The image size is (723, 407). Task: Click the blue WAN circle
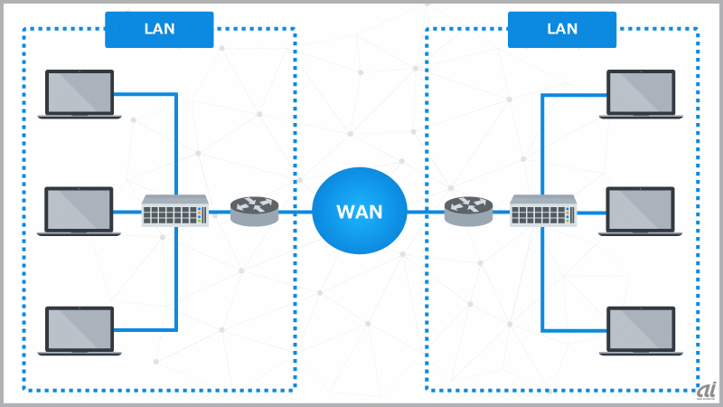coord(360,212)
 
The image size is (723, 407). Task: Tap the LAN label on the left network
coord(159,29)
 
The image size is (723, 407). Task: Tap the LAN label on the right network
coord(562,29)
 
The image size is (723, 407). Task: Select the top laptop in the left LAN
coord(80,94)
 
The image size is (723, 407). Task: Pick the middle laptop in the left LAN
coord(80,212)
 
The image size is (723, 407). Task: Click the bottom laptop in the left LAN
coord(80,330)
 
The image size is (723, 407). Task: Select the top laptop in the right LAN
coord(641,94)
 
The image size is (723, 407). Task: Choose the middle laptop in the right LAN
coord(641,212)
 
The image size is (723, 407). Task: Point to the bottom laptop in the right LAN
coord(641,330)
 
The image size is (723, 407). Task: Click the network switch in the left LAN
coord(175,212)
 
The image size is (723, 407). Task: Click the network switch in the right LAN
coord(542,212)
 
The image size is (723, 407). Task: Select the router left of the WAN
coord(255,211)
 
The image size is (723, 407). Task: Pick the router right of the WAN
coord(468,211)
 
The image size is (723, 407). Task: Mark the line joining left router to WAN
coord(296,212)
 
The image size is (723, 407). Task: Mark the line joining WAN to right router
coord(425,212)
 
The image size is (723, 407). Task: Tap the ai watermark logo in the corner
coord(706,390)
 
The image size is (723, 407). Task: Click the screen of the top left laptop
coord(80,90)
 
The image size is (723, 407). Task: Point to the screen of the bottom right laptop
coord(641,327)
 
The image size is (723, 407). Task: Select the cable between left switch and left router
coord(220,212)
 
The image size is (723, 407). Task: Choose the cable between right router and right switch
coord(501,212)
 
